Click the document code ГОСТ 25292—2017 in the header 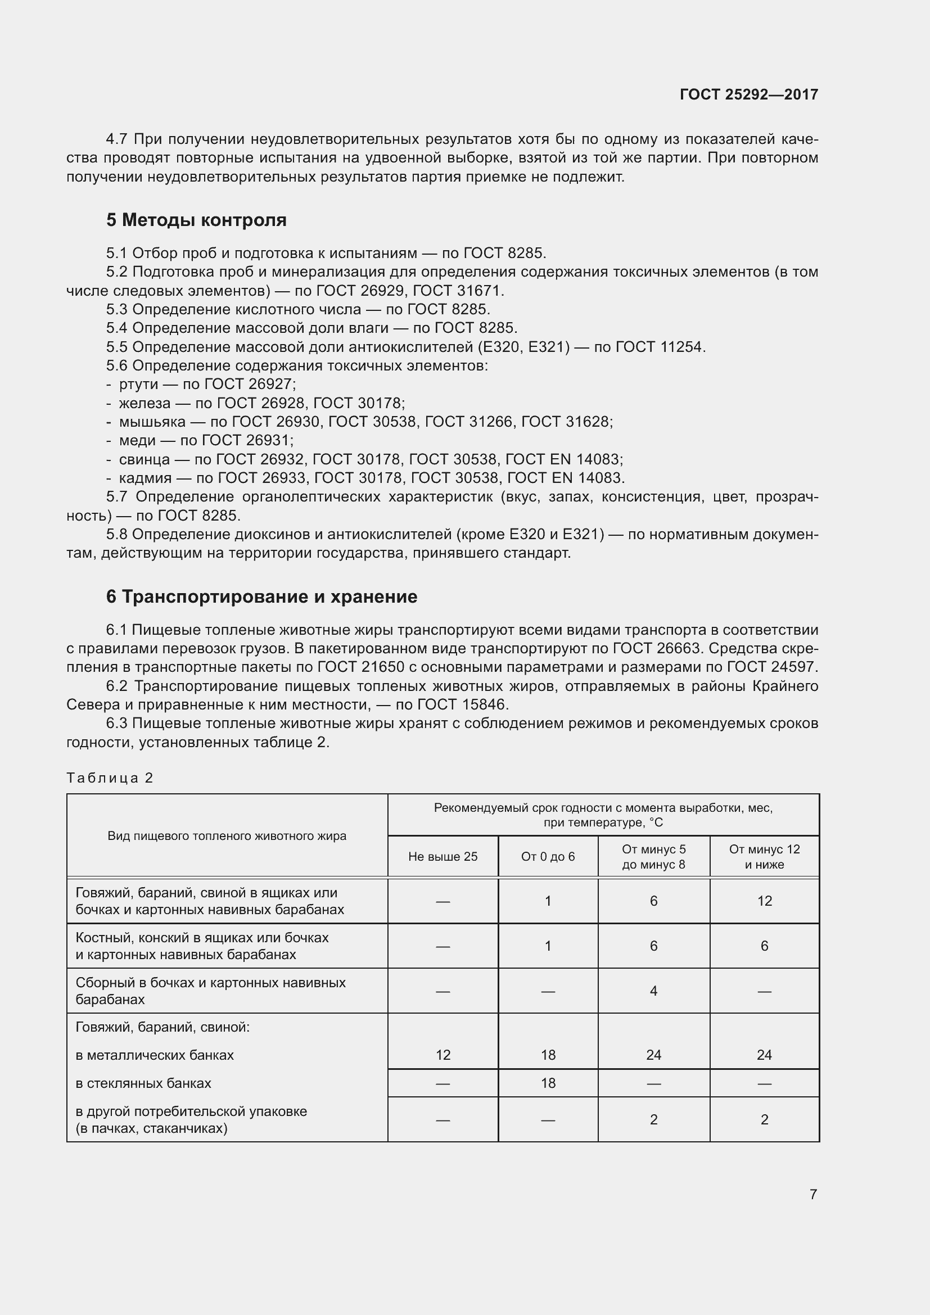click(x=748, y=94)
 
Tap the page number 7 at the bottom click(x=812, y=1194)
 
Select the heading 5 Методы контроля click(x=196, y=220)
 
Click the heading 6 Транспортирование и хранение click(x=261, y=597)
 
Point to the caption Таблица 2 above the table click(x=110, y=778)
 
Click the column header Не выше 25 click(x=443, y=857)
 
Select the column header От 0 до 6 click(x=548, y=857)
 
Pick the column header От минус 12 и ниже click(x=764, y=857)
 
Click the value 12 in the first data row click(x=764, y=901)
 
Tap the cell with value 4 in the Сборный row click(x=653, y=991)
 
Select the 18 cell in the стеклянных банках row click(x=548, y=1083)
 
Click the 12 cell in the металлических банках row click(x=443, y=1055)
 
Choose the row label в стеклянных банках click(x=143, y=1083)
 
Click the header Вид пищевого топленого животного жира click(x=227, y=835)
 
